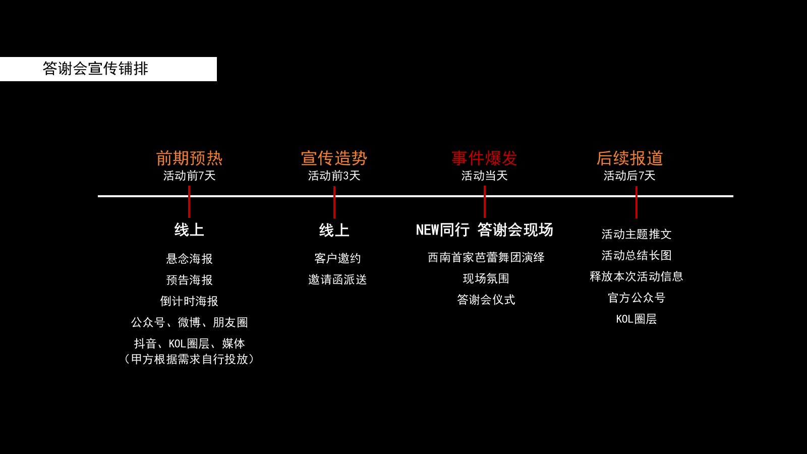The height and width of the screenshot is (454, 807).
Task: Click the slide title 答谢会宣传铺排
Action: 95,69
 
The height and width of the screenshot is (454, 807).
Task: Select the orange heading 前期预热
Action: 189,158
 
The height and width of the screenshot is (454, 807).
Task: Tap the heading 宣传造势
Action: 334,158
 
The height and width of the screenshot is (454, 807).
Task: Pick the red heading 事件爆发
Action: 484,158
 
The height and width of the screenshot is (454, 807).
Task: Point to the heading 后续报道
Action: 629,158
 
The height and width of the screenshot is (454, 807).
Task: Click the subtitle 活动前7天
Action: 189,176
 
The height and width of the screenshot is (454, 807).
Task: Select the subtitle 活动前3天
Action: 334,176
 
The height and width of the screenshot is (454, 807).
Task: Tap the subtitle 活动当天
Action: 484,176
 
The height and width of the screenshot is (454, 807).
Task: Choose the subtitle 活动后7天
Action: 629,176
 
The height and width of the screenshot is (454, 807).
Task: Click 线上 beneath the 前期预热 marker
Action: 189,230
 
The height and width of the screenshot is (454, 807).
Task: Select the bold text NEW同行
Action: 442,230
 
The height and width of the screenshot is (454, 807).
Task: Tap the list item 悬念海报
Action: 189,259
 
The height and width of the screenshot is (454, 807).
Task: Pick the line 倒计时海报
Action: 189,301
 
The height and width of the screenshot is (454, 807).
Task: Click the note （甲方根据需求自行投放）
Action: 189,359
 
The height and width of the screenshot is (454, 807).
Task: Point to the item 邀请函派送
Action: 337,279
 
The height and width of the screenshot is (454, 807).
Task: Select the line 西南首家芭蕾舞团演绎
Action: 486,257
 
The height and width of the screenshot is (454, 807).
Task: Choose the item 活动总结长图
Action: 637,255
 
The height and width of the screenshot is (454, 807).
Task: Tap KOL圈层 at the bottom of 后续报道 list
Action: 637,319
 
